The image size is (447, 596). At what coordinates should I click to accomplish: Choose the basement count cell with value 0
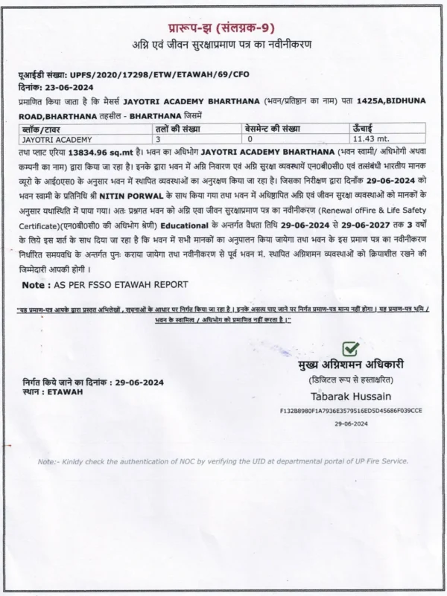[x=250, y=139]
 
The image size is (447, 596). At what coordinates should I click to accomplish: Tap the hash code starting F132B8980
[x=350, y=410]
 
